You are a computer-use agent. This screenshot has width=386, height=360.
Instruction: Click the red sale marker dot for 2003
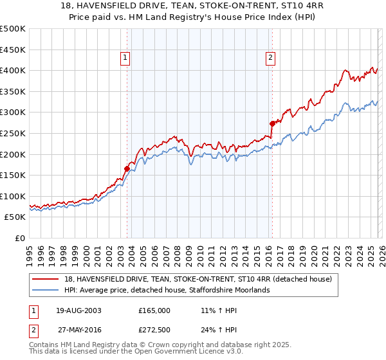click(127, 169)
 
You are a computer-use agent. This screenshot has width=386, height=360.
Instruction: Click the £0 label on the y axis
click(19, 238)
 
